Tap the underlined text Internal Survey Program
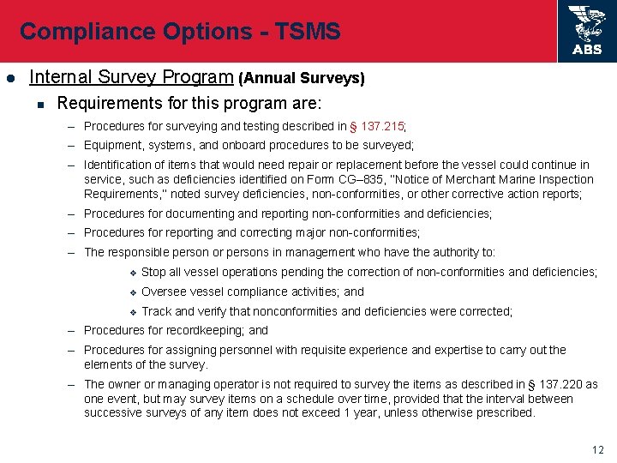click(131, 77)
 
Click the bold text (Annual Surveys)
click(302, 78)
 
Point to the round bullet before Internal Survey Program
click(10, 78)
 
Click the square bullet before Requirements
click(39, 105)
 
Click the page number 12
click(597, 450)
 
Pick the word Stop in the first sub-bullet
click(154, 272)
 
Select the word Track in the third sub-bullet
click(157, 311)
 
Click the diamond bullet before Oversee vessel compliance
click(133, 292)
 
